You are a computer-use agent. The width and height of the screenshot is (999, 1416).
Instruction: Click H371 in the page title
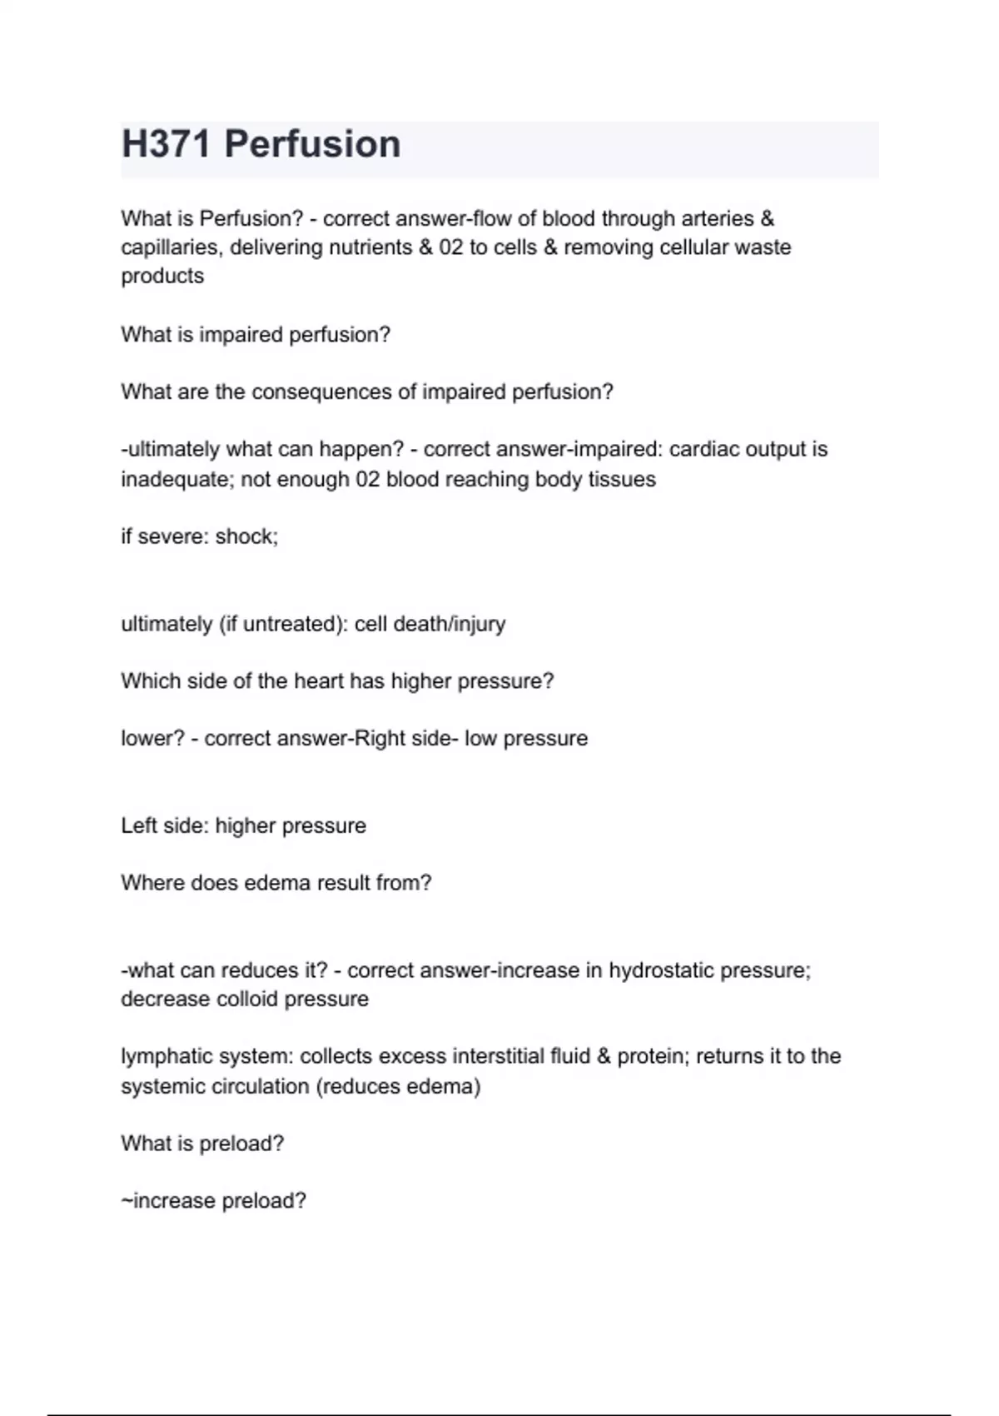click(166, 144)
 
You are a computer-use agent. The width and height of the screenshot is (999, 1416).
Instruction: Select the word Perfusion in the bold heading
click(312, 144)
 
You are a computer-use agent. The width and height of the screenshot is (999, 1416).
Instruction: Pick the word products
click(162, 276)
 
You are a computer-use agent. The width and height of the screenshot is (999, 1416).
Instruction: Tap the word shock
click(246, 536)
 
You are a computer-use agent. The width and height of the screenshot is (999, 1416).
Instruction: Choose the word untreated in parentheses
click(291, 624)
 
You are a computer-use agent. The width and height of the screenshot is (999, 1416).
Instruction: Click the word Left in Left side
click(138, 825)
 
